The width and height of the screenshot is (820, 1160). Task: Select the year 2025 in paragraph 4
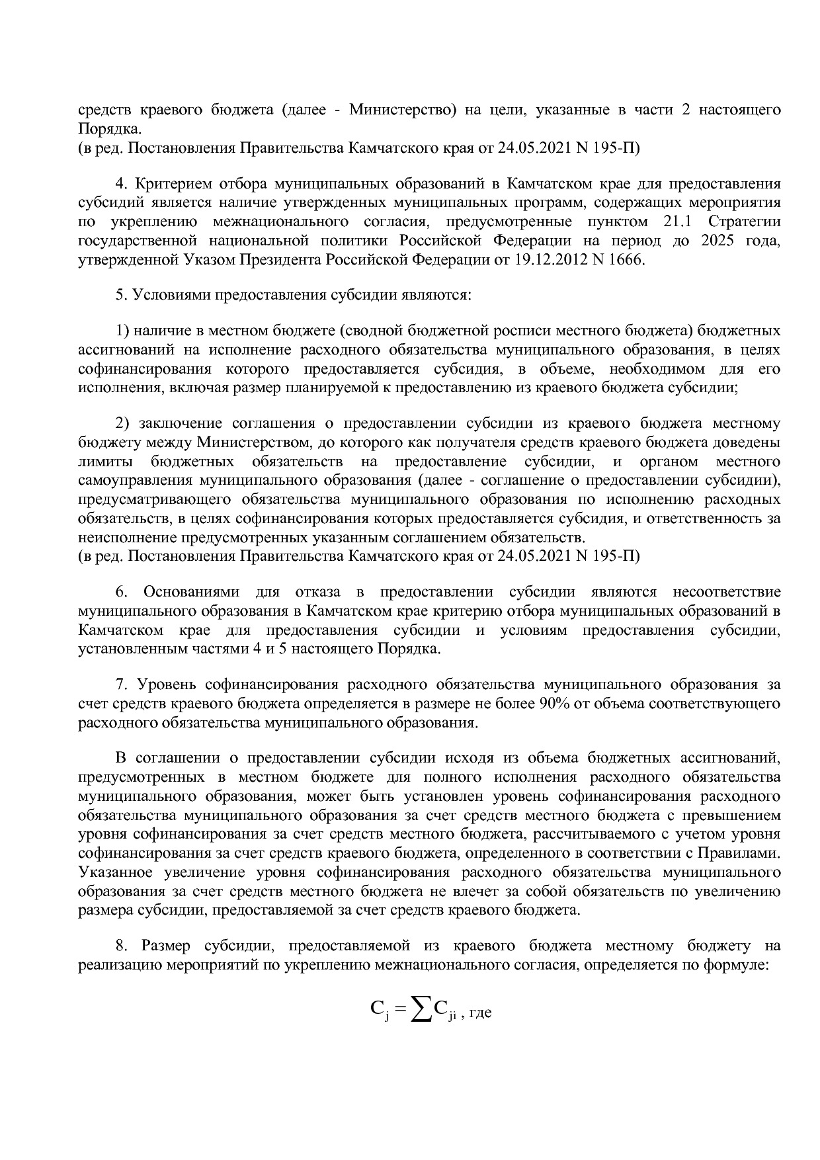(x=716, y=241)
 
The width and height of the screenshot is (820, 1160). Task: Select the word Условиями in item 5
(x=167, y=295)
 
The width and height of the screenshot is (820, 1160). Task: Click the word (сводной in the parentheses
(x=372, y=330)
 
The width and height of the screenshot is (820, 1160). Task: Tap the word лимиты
(x=100, y=461)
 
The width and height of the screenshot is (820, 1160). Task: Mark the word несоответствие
(x=726, y=592)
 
